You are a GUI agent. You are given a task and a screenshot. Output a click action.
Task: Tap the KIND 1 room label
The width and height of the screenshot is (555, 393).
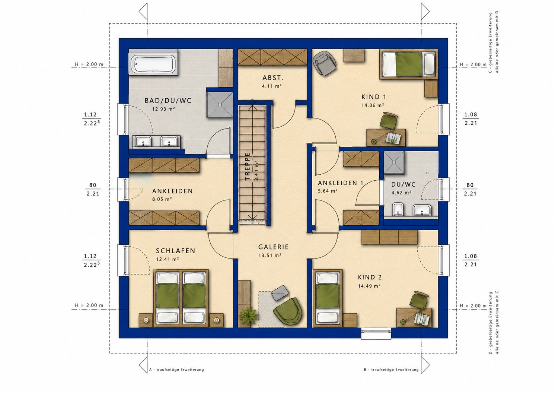[x=374, y=97]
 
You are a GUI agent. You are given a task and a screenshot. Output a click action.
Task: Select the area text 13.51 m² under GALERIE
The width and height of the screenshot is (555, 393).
[x=270, y=256]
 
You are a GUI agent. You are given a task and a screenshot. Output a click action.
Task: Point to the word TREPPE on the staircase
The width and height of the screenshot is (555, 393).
[x=248, y=166]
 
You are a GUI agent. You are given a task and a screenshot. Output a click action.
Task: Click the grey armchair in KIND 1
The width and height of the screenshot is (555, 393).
[x=325, y=63]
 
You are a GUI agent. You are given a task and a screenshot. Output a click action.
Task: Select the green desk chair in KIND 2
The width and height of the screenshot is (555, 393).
[x=418, y=300]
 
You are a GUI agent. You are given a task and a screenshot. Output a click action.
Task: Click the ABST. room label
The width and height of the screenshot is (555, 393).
[x=273, y=78]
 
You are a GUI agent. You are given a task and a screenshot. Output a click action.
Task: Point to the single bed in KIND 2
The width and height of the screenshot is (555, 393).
[x=328, y=298]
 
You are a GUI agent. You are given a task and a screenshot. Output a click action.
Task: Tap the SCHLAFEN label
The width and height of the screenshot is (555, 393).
[x=176, y=251]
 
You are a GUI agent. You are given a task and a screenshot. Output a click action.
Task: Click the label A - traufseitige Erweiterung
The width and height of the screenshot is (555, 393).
[x=176, y=370]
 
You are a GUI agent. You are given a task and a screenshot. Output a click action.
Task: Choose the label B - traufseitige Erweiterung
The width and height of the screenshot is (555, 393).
[x=391, y=370]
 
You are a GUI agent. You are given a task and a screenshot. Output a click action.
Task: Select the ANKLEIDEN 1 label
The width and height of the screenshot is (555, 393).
[x=341, y=183]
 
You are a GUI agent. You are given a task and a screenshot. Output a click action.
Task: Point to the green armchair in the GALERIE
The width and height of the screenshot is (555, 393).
[x=288, y=311]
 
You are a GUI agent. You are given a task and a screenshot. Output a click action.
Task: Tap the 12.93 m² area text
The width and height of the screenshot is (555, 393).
[x=163, y=109]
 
